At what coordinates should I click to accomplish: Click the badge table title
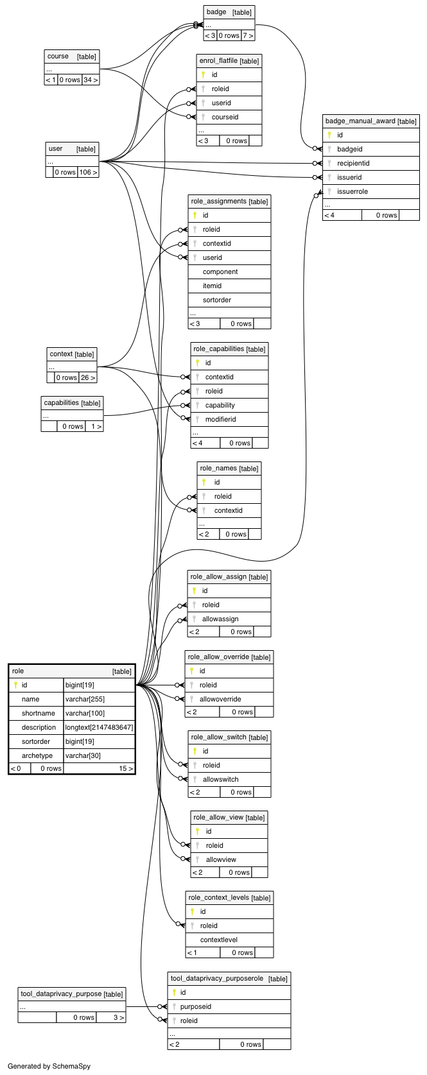click(216, 12)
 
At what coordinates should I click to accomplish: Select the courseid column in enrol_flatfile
click(225, 117)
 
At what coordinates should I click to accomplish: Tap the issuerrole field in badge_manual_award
click(353, 191)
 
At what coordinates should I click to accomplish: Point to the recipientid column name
click(354, 163)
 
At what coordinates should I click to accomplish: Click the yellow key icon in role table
click(15, 685)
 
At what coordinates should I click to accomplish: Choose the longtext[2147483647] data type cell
click(99, 728)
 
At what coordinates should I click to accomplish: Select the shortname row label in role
click(39, 714)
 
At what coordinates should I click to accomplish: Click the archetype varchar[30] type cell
click(83, 756)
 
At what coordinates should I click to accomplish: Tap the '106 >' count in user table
click(89, 172)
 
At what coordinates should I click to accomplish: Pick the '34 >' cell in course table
click(91, 80)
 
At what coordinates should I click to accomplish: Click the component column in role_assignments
click(220, 271)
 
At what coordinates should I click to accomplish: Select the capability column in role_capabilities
click(220, 406)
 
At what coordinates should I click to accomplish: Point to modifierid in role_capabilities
click(220, 420)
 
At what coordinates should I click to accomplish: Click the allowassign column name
click(220, 619)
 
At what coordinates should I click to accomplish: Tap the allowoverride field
click(220, 699)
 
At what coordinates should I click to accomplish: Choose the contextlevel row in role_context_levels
click(218, 940)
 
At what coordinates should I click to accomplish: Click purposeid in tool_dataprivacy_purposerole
click(196, 1006)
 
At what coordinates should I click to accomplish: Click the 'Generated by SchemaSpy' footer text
click(49, 1067)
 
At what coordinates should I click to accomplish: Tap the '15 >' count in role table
click(126, 768)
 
